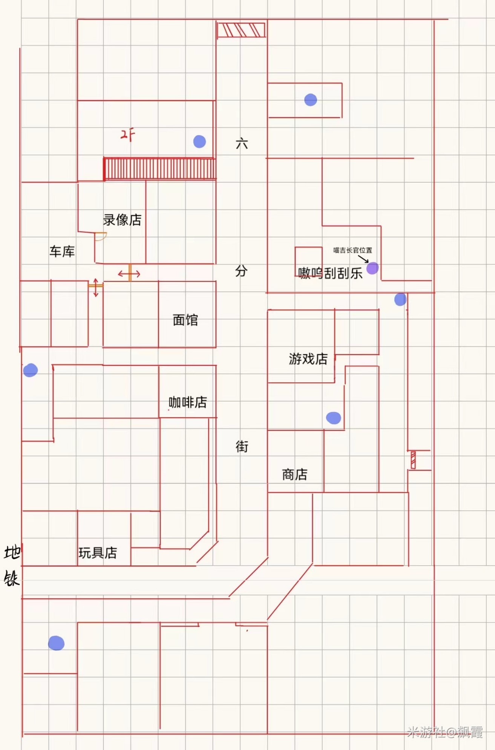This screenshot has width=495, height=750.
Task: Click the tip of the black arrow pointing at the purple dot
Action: pos(368,262)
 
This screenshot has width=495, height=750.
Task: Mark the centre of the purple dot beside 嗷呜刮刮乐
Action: pos(372,268)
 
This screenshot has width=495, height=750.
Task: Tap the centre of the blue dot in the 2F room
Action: pos(199,141)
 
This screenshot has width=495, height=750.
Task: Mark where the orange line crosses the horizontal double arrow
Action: pos(129,274)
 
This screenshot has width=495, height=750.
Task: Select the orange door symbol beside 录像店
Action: pos(101,236)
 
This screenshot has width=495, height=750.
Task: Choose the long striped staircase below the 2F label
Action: pos(160,169)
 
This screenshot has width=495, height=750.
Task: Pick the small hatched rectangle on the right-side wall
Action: pos(413,460)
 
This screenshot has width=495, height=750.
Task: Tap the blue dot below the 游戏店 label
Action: pos(333,418)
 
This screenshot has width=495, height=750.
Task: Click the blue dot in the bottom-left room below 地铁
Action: pos(56,643)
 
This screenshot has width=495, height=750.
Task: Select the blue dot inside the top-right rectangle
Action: pos(311,100)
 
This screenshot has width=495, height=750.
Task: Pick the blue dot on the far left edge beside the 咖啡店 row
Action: pos(31,370)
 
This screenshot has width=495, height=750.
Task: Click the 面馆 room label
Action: pos(185,320)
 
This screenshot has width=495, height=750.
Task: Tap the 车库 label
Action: pos(62,251)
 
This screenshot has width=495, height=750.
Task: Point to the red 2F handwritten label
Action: pos(128,135)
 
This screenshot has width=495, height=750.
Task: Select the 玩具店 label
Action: pos(98,553)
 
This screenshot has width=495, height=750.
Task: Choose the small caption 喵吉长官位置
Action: pos(352,250)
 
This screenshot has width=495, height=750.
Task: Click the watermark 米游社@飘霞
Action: pos(445,732)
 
